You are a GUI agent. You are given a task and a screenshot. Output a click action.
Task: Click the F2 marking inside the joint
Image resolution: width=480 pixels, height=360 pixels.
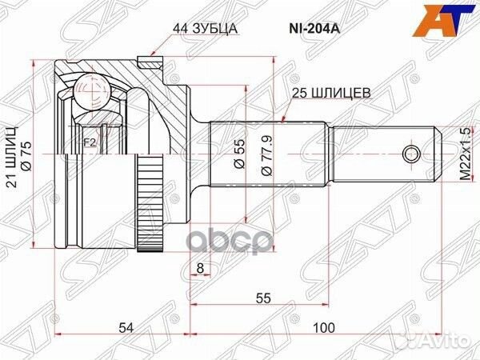click(x=90, y=144)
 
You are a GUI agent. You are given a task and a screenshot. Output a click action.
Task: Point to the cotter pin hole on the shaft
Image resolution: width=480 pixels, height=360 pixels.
click(x=411, y=153)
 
